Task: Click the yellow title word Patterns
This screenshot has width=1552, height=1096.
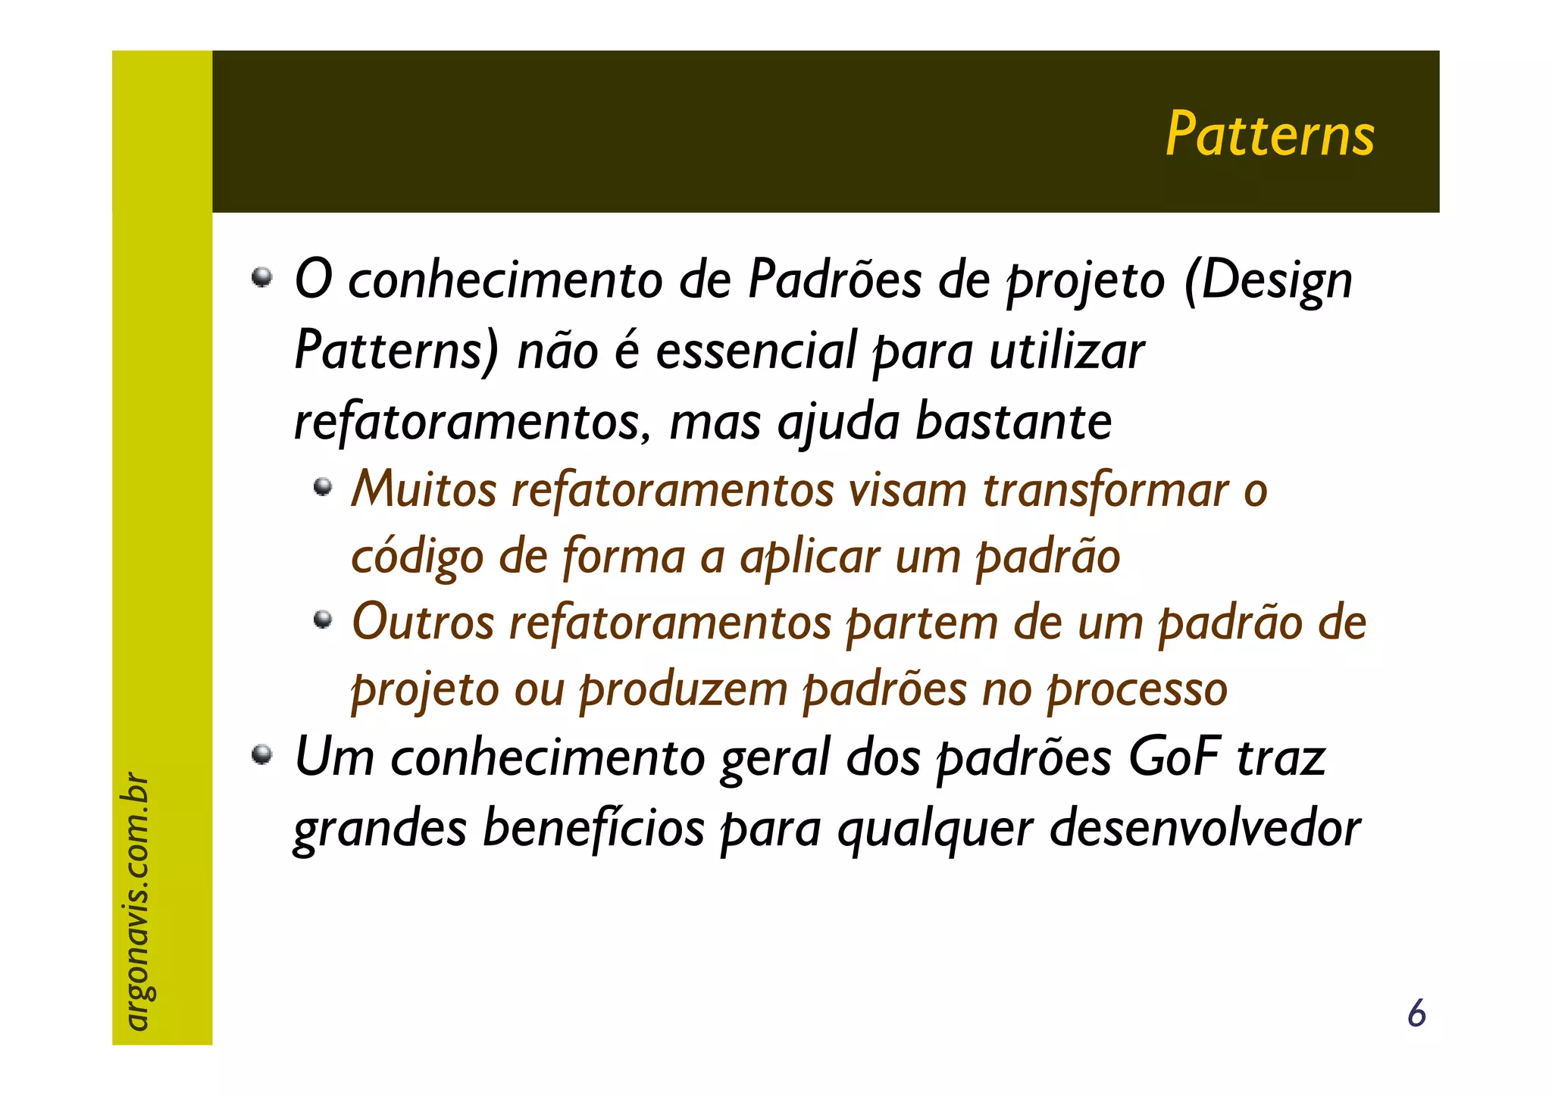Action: pos(1269,135)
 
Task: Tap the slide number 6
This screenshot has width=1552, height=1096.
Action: pos(1416,1013)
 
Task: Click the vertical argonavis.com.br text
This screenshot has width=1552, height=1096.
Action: pos(136,901)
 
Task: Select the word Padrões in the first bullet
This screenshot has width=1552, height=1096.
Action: pos(834,279)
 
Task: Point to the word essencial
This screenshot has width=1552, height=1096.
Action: pos(756,351)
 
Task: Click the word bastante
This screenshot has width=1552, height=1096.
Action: pos(1013,421)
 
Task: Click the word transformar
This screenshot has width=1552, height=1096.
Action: pos(1106,490)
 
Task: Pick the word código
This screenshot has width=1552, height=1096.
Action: pos(418,557)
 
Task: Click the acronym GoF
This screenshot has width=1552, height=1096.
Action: pos(1174,757)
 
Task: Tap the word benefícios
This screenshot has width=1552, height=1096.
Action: pos(593,827)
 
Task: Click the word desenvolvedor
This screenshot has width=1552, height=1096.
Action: pos(1206,827)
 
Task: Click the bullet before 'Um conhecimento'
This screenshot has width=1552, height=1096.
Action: pos(261,754)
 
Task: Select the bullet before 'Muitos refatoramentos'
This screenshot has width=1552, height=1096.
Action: pos(324,486)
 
